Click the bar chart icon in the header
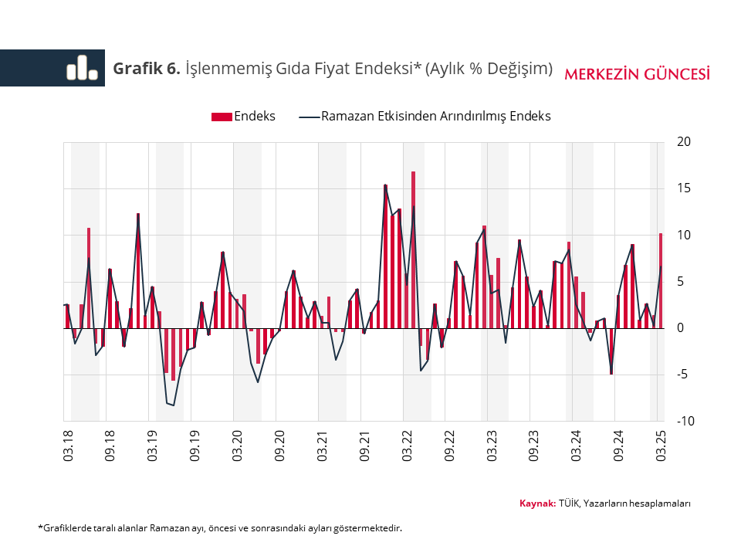tap(82, 68)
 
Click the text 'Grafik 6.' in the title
tap(147, 69)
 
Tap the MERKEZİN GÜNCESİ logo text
tap(638, 74)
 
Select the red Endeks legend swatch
tap(221, 117)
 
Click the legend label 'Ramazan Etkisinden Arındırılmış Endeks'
tap(435, 117)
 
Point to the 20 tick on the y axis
tap(682, 142)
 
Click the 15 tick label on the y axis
tap(682, 188)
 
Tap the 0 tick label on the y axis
tap(679, 328)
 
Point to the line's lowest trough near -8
tap(174, 405)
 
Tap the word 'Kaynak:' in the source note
tap(537, 503)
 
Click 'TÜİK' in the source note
tap(569, 503)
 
